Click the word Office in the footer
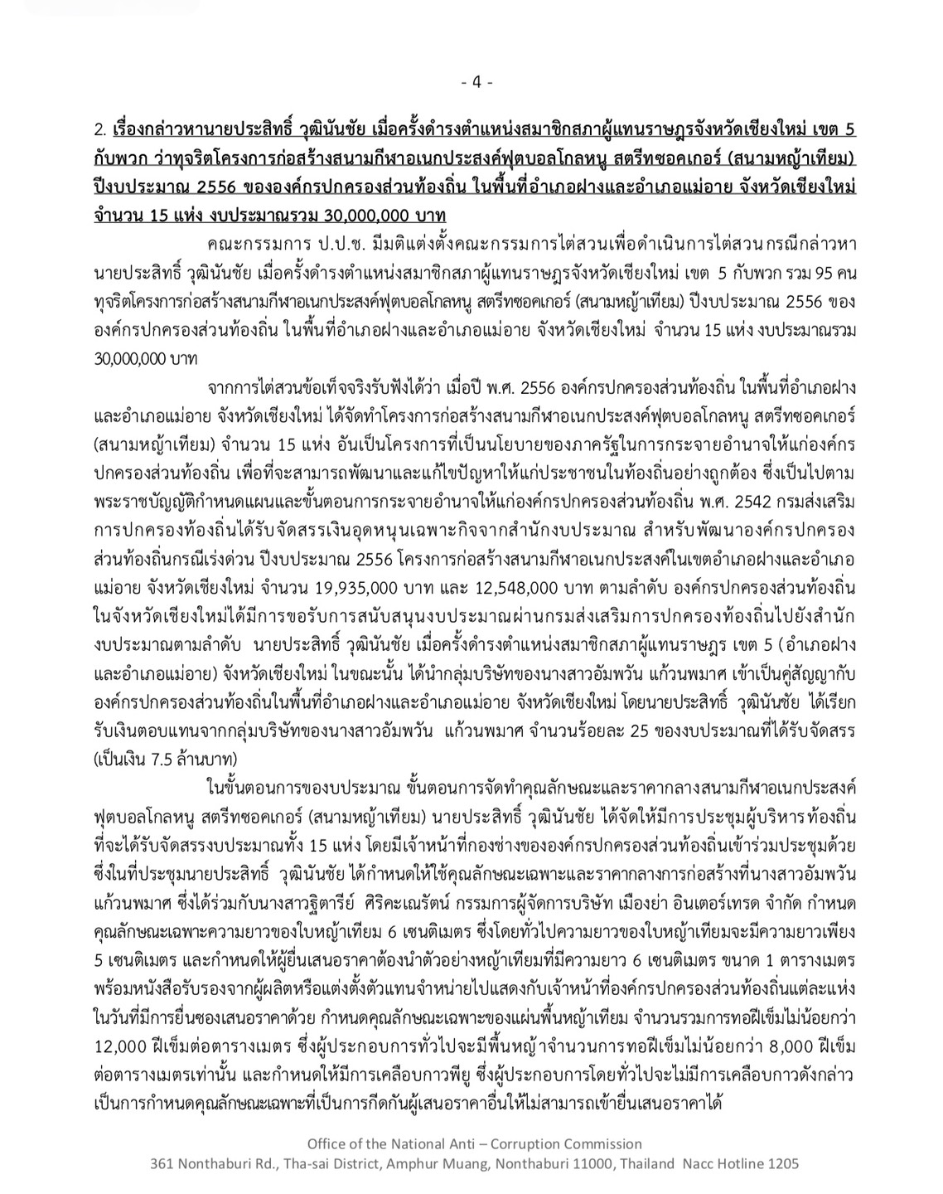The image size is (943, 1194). (326, 1143)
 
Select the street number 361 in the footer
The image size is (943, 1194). (162, 1163)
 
